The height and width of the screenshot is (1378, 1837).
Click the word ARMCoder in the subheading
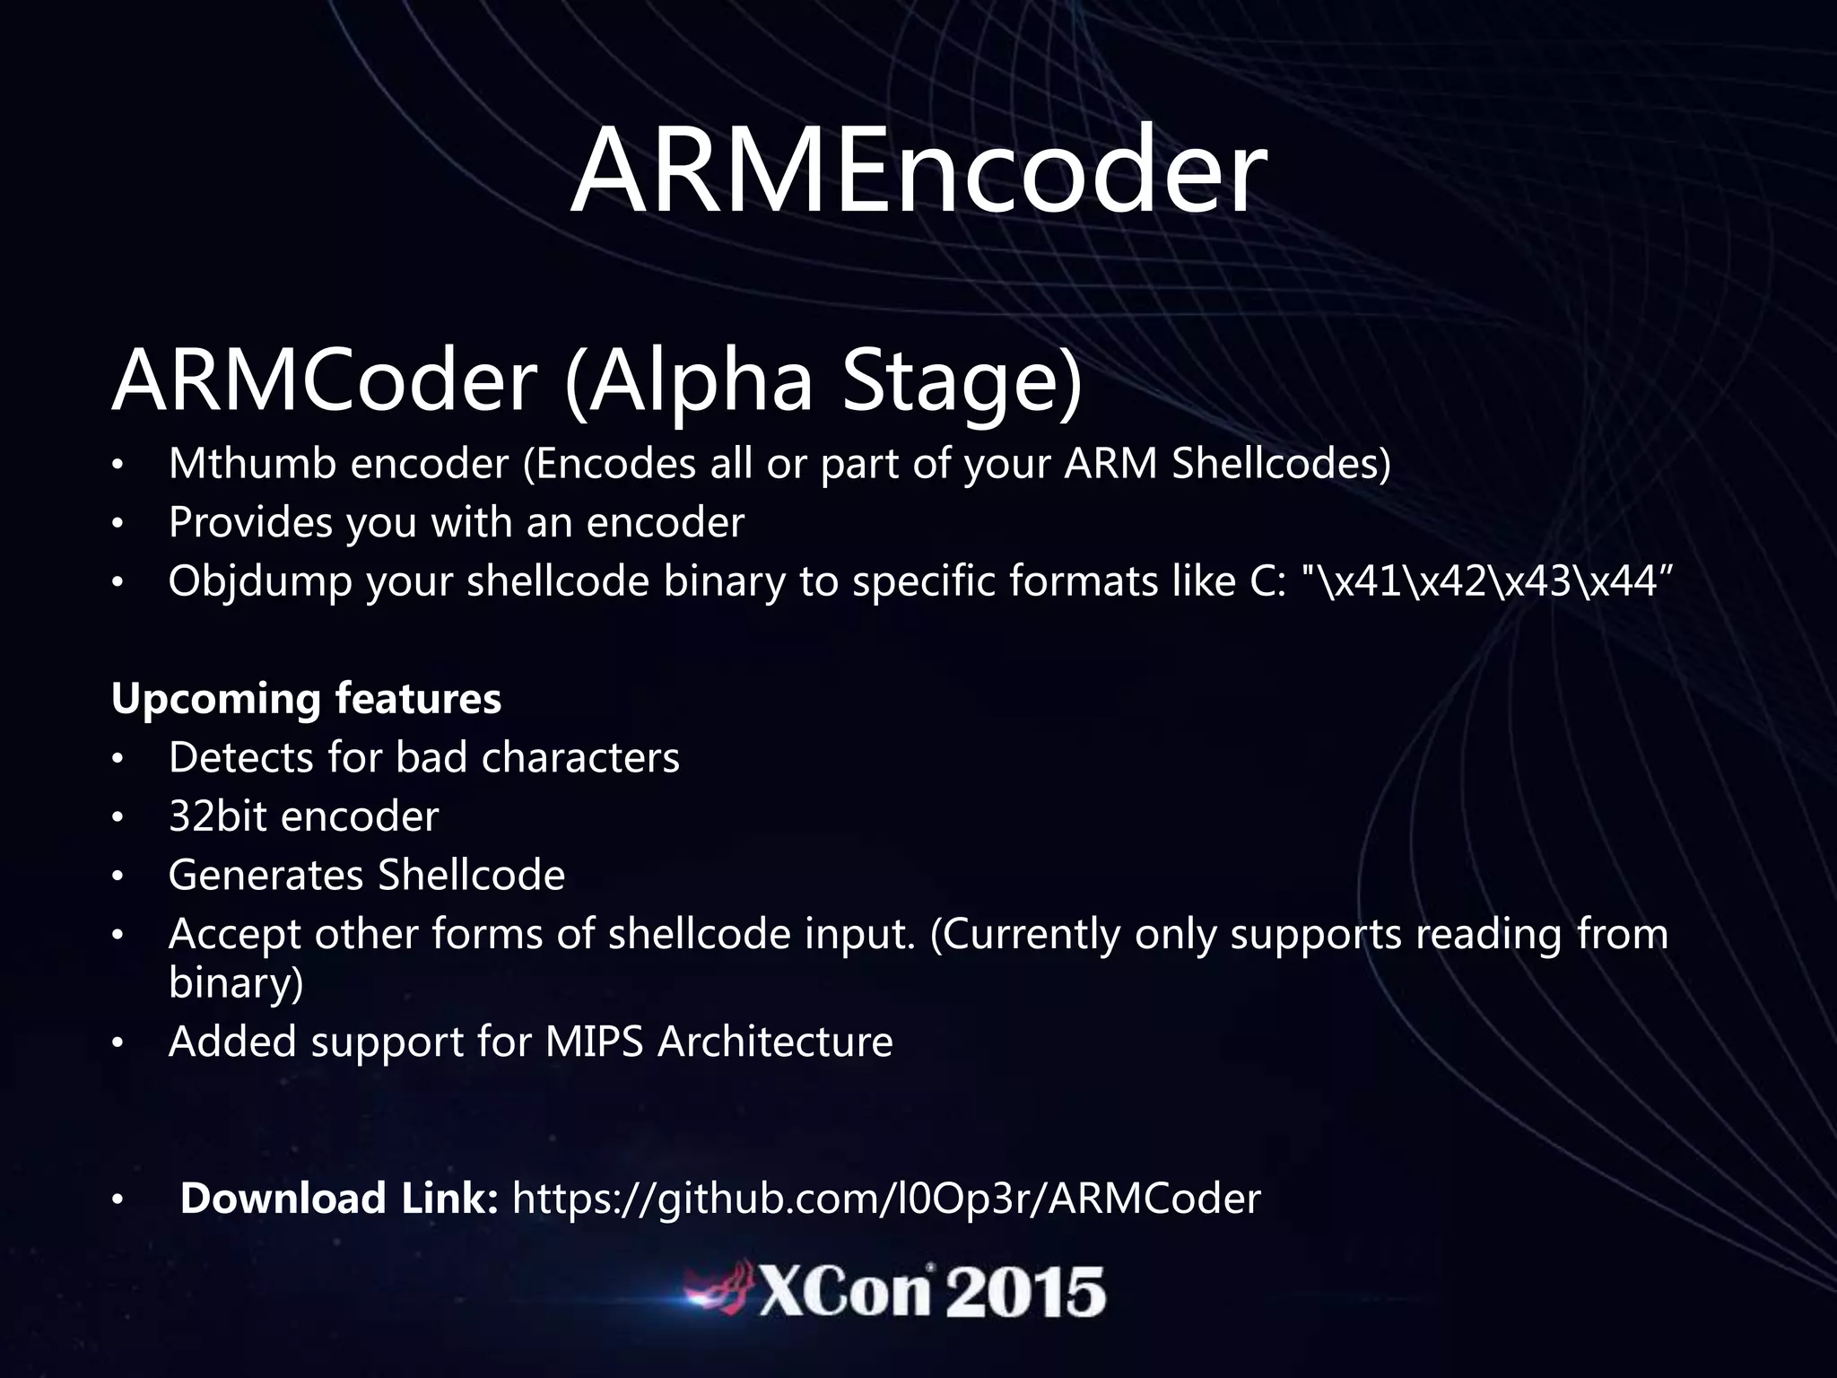pos(324,380)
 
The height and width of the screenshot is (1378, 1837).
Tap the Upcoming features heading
pos(306,698)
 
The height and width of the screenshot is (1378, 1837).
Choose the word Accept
pos(233,935)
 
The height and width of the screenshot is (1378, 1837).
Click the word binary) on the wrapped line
pos(236,983)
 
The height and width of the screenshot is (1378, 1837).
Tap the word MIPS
pos(594,1042)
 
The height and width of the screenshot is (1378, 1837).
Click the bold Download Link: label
pos(339,1199)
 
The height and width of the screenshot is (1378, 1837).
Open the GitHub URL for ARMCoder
pos(885,1199)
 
